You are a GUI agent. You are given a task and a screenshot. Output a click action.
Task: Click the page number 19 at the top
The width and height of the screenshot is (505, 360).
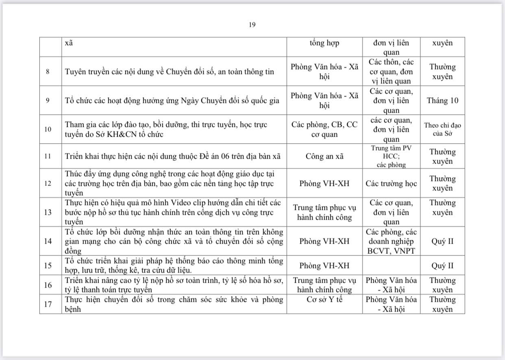pos(252,25)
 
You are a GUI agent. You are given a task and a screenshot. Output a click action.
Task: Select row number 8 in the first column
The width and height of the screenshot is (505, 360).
pos(48,72)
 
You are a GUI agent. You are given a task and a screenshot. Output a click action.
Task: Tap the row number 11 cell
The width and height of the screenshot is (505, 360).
pos(48,156)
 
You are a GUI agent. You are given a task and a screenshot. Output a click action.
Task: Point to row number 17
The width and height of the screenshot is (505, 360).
pos(48,304)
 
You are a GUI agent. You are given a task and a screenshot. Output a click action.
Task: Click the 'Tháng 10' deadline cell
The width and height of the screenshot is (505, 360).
pos(442,100)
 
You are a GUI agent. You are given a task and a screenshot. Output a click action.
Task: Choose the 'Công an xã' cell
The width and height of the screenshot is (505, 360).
pos(324,156)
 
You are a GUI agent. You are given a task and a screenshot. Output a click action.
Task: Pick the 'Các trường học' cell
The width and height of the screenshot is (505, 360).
pos(391,183)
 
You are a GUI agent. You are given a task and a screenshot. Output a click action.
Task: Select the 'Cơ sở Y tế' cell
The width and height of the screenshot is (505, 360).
pos(324,300)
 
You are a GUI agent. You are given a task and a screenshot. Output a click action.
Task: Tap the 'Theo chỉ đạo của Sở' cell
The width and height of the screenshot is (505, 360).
pos(442,129)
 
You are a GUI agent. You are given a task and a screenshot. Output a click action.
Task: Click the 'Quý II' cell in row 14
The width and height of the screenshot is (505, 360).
pos(442,241)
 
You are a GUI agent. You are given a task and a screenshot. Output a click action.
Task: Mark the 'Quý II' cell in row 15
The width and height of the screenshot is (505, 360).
pos(442,266)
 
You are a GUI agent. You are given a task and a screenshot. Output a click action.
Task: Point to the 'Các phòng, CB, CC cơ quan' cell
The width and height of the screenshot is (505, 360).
pos(324,129)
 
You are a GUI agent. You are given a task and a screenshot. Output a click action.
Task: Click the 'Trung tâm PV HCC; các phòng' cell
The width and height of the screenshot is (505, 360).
pos(391,156)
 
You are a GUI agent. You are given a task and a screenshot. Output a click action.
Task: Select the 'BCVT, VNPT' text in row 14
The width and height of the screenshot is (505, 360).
pos(391,251)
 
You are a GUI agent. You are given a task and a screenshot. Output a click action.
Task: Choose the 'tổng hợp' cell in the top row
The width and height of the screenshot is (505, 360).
pos(324,43)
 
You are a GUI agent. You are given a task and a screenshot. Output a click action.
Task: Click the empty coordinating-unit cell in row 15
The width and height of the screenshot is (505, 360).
pos(391,266)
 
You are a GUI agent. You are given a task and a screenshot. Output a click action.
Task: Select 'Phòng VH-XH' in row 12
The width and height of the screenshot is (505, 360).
pos(324,183)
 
